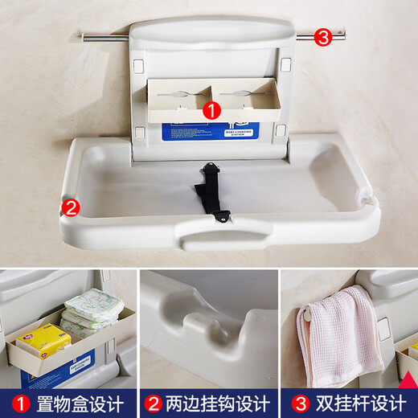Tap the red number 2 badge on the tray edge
(x=71, y=207)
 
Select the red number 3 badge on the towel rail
(x=322, y=37)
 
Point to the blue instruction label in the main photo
(x=211, y=131)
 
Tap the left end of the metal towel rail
(x=84, y=35)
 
